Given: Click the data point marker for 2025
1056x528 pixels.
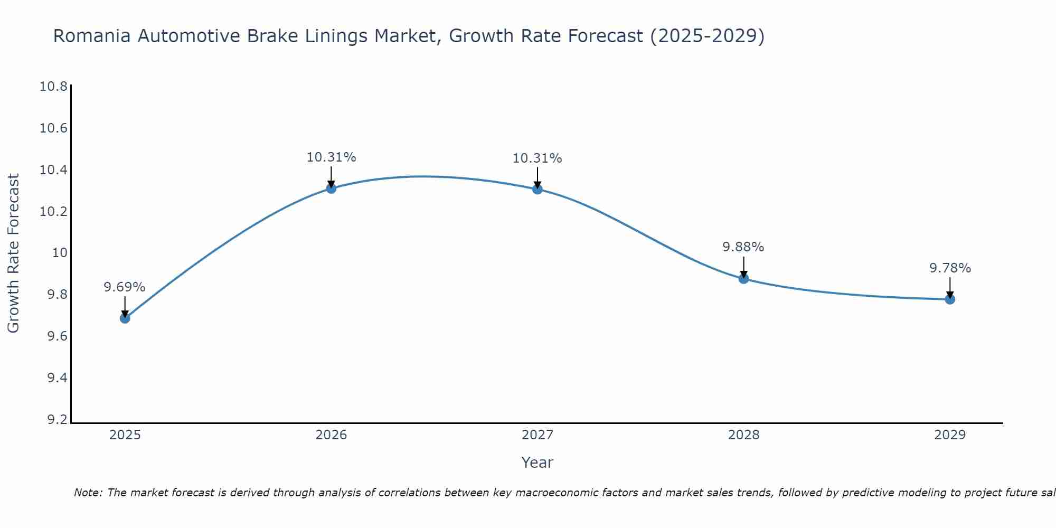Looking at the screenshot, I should point(125,318).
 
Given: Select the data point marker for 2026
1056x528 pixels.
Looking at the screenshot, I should point(331,188).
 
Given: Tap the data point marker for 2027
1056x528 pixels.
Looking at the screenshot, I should point(538,188).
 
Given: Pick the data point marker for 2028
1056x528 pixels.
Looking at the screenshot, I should point(743,278).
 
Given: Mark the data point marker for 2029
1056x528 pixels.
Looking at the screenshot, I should point(950,299).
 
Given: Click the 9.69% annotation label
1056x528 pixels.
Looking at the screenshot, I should point(124,287).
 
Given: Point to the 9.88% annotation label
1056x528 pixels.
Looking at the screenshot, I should point(743,247).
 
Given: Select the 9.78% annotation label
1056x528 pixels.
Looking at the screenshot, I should point(950,268).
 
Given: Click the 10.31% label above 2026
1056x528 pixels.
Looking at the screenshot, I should point(331,157).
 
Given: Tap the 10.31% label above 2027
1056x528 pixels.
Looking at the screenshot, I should point(537,158).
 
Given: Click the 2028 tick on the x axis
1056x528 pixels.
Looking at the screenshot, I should point(743,435).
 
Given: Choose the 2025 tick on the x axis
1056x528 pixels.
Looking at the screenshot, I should point(125,435).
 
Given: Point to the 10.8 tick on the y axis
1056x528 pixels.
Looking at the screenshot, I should point(54,87).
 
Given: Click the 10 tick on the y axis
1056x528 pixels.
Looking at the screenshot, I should point(60,253).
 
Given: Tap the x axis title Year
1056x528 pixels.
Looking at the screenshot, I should point(537,463).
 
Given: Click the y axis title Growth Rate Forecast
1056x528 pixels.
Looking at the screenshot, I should point(13,253).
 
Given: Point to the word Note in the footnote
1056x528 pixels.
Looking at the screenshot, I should point(88,493).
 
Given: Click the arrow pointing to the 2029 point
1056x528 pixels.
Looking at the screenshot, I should point(950,288).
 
